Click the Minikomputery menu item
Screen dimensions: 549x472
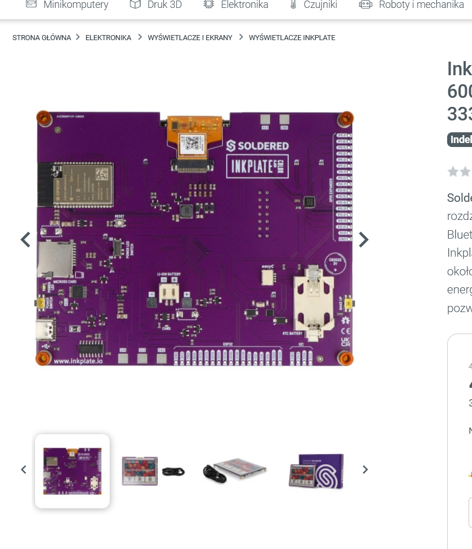[x=75, y=5]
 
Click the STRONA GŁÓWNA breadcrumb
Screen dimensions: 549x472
[x=42, y=38]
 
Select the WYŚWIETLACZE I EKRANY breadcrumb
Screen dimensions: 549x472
[x=190, y=38]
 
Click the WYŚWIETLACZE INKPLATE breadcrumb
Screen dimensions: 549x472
[x=292, y=38]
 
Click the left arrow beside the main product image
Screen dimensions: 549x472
[x=25, y=240]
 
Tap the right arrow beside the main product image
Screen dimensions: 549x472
[x=363, y=240]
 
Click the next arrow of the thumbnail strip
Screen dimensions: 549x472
[x=365, y=469]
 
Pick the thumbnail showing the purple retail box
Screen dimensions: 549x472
[x=315, y=470]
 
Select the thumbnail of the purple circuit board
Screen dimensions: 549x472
[x=72, y=471]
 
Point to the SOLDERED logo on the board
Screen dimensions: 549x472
[x=258, y=146]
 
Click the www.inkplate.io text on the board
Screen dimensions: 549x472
[x=79, y=361]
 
